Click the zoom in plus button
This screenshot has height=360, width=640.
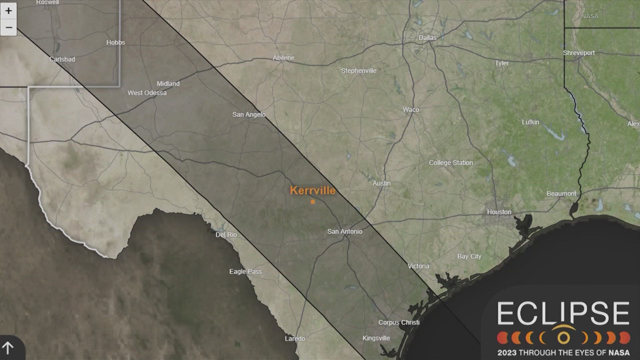pos(8,11)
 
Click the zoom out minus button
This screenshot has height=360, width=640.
pos(8,27)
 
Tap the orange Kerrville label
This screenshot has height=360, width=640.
pos(312,190)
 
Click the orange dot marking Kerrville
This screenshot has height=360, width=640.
pos(313,202)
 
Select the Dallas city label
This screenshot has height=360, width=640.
pos(427,38)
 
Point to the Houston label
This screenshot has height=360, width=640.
pos(499,212)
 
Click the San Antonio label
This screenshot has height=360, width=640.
pos(344,231)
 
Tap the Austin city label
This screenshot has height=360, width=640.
pos(381,183)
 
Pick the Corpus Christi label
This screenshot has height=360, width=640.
pos(399,322)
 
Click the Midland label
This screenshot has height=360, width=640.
pos(168,84)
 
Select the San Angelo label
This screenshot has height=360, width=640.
pos(249,115)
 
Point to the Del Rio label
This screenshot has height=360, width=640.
pos(226,235)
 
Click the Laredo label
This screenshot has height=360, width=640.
pos(295,339)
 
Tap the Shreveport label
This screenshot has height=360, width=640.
pos(579,53)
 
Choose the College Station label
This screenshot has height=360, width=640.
pos(451,163)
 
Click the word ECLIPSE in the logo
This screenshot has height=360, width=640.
pos(563,313)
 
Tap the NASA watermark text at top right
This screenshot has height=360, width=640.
pos(590,16)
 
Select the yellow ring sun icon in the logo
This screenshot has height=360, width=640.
pos(564,338)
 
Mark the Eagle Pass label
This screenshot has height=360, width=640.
pos(245,272)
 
